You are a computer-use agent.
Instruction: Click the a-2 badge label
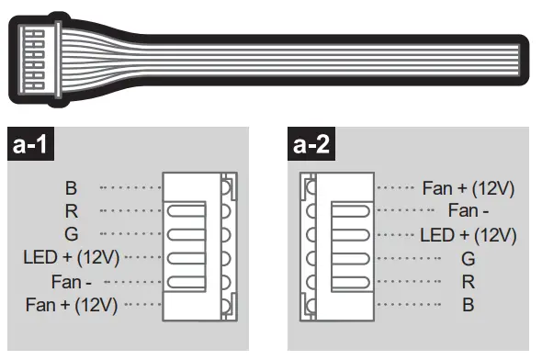point(312,145)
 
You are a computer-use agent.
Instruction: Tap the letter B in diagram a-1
point(71,188)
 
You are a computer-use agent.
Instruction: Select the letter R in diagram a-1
point(71,211)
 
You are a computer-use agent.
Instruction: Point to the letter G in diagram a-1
point(71,234)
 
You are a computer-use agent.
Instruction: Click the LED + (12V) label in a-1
point(72,257)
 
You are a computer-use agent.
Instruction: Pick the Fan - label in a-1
point(75,280)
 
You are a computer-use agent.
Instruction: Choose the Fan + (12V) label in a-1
point(72,304)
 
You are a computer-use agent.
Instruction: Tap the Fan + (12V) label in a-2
point(469,188)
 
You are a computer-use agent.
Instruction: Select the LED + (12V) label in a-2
point(469,235)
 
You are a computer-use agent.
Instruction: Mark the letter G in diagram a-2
point(469,258)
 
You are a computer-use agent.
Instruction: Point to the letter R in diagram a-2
point(469,281)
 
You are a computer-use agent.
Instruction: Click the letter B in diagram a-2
point(469,304)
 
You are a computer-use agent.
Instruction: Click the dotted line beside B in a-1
point(130,188)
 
